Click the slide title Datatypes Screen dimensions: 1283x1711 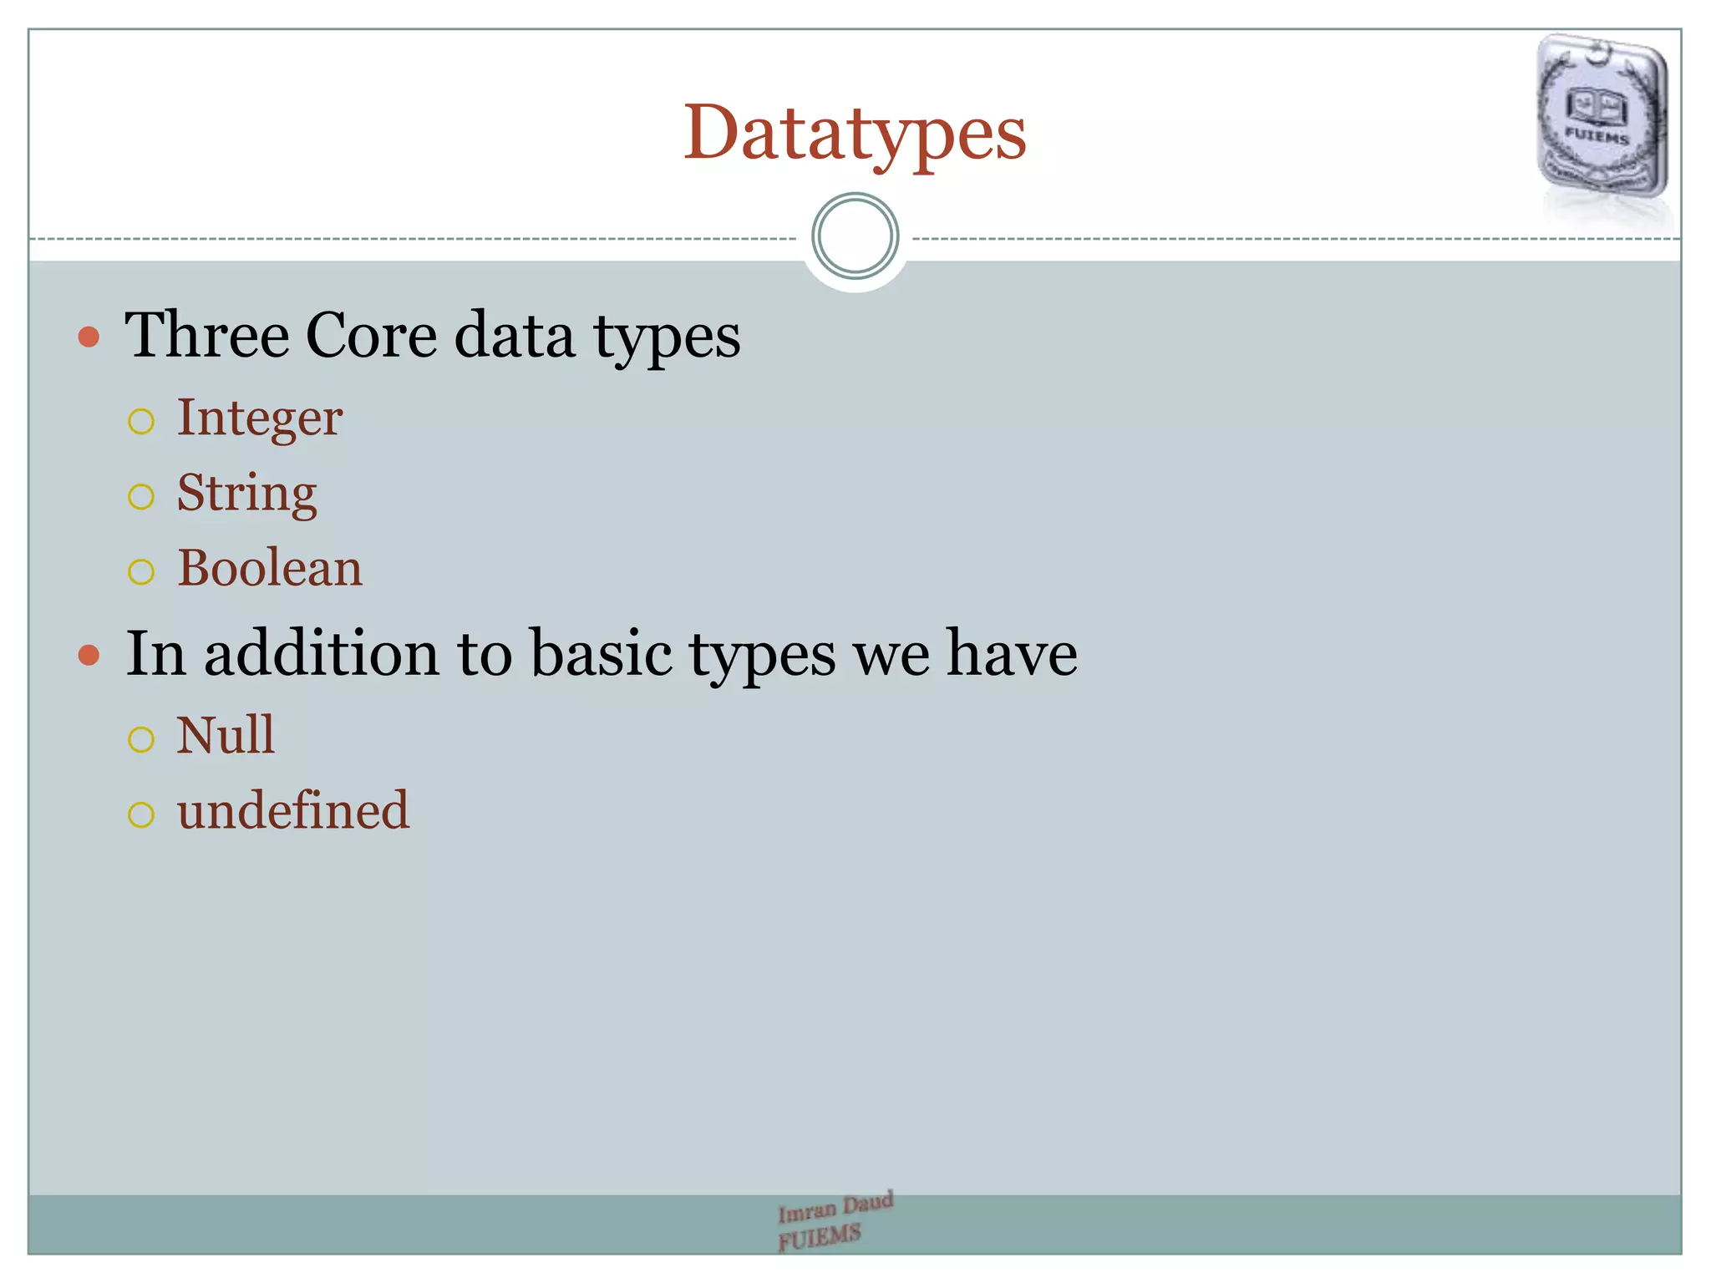[855, 134]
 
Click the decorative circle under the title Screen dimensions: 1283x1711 [855, 236]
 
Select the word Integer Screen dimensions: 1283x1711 [259, 418]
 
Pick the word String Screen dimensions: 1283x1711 [246, 493]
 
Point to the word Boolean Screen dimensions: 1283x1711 [270, 568]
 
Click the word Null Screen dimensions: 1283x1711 [226, 735]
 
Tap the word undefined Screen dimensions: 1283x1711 [293, 810]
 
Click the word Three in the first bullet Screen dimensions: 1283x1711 [206, 335]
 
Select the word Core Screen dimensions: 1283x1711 [371, 335]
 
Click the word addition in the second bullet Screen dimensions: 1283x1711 [321, 653]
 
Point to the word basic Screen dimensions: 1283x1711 [601, 653]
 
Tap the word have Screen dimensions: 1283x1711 [1011, 653]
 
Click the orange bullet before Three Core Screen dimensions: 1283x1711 [89, 337]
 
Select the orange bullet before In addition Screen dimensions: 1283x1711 [89, 655]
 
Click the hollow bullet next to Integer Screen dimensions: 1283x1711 [141, 421]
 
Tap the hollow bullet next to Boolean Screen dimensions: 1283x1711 [141, 572]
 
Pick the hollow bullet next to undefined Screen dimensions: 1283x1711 [141, 814]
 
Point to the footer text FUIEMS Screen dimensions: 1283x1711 [819, 1237]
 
